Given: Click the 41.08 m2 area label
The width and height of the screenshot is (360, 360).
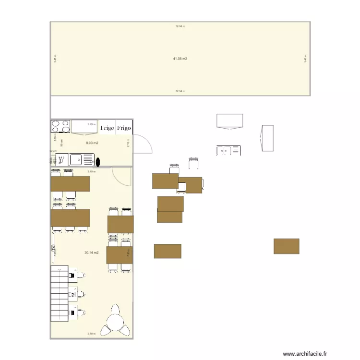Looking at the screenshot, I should point(180,59).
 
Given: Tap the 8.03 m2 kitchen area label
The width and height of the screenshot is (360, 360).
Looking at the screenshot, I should point(92,143).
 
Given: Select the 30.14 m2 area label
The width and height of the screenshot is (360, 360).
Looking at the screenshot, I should point(91,252).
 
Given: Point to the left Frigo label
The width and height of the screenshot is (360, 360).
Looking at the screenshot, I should point(107,128).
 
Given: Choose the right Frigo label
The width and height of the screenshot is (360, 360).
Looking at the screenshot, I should point(124,128).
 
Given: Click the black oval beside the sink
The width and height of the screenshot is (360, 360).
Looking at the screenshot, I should point(97,162).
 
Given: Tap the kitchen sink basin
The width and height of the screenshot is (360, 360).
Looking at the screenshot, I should point(76,159).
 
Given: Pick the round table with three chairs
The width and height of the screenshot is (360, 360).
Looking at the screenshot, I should point(116,321).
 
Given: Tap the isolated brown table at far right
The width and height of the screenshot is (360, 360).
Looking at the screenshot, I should point(287,246).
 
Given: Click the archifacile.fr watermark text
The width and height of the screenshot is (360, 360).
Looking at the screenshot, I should point(305,354).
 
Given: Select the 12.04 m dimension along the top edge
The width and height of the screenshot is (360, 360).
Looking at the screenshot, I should point(180,26).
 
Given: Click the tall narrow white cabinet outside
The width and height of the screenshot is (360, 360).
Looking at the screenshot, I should point(267,138).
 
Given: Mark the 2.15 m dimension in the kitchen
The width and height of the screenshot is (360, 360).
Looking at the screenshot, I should point(129,144).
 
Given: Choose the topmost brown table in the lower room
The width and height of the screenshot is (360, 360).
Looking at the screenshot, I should point(71,184).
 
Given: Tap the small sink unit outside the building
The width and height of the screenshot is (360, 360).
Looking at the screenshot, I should point(228,151).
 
